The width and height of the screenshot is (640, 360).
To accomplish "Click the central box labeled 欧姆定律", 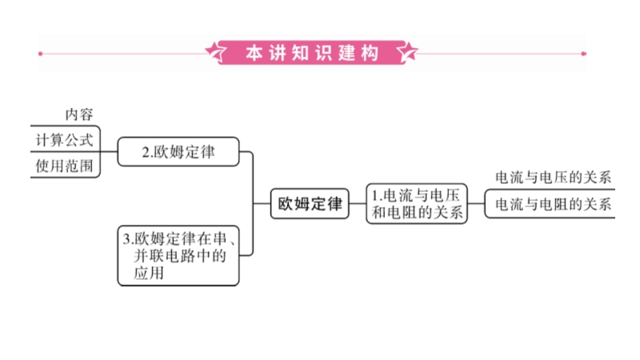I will (309, 203).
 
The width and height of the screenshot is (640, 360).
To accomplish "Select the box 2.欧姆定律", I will (178, 151).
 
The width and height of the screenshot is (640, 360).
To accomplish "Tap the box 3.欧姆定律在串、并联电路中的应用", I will (178, 255).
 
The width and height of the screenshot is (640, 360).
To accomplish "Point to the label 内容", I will (79, 114).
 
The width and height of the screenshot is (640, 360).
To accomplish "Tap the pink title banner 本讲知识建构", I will (312, 53).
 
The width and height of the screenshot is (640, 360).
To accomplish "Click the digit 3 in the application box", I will (127, 238).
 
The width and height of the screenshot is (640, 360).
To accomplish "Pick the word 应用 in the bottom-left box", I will (149, 273).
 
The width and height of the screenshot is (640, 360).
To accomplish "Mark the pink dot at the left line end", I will (41, 54).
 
